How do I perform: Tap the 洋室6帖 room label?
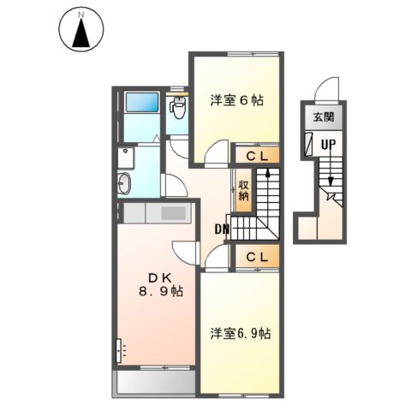pyautogui.click(x=236, y=100)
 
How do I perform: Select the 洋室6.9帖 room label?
pyautogui.click(x=241, y=333)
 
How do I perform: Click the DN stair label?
pyautogui.click(x=221, y=229)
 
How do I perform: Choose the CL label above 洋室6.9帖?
pyautogui.click(x=258, y=256)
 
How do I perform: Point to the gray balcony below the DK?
pyautogui.click(x=155, y=381)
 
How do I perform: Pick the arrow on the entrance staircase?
pyautogui.click(x=329, y=180)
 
